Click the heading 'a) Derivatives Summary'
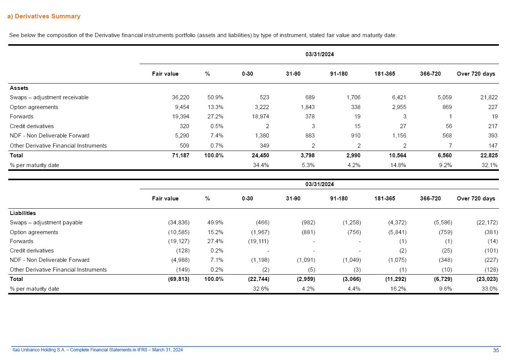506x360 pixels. pyautogui.click(x=44, y=16)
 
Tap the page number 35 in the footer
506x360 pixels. pyautogui.click(x=496, y=350)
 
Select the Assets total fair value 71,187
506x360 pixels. pyautogui.click(x=181, y=155)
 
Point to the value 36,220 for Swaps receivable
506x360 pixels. pyautogui.click(x=181, y=97)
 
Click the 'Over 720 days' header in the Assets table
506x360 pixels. pyautogui.click(x=476, y=74)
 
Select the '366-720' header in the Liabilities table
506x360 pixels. pyautogui.click(x=430, y=199)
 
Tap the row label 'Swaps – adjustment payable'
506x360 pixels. pyautogui.click(x=46, y=223)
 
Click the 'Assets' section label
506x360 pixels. pyautogui.click(x=19, y=88)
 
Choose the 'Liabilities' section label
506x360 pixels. pyautogui.click(x=23, y=213)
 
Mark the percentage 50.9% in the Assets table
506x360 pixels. pyautogui.click(x=215, y=97)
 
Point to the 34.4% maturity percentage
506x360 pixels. pyautogui.click(x=261, y=165)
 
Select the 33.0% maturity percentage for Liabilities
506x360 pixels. pyautogui.click(x=490, y=289)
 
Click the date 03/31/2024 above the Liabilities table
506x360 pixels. pyautogui.click(x=319, y=184)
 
